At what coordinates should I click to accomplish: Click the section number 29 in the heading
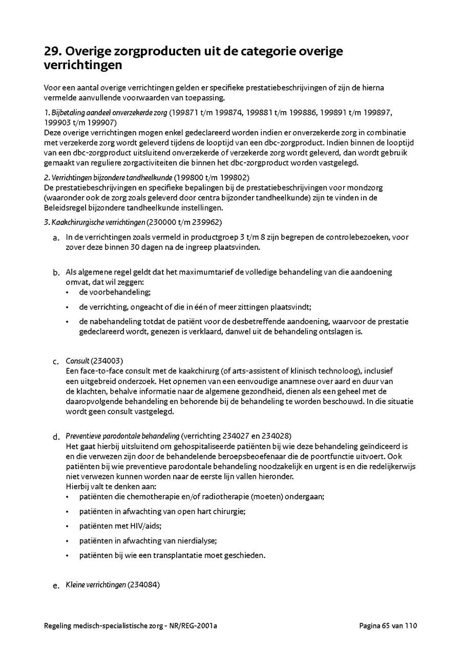[x=52, y=52]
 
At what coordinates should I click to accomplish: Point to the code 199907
[x=103, y=122]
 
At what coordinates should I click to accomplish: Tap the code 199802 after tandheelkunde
[x=221, y=178]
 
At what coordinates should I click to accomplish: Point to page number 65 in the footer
[x=386, y=625]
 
